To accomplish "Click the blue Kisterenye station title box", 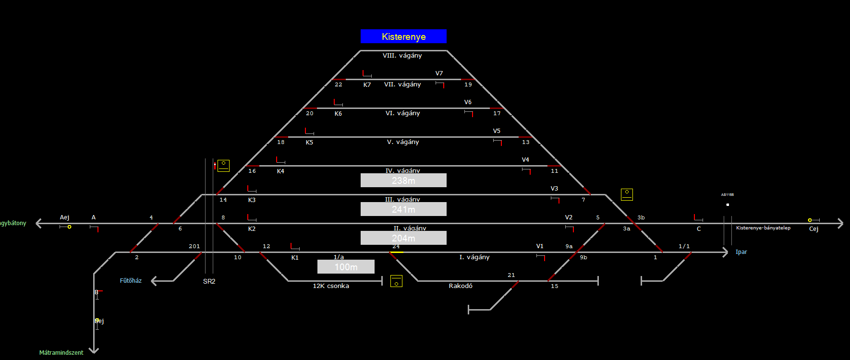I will (403, 36).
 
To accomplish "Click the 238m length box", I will (403, 180).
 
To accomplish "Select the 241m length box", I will (403, 209).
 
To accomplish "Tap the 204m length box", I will (403, 238).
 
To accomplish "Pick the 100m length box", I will (346, 267).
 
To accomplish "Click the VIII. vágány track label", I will (402, 56).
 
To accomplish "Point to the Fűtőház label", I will (131, 281).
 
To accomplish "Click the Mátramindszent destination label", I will (61, 353).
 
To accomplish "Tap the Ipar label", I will (741, 252).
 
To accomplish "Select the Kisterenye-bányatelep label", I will (763, 228).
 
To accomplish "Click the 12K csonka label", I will (331, 286).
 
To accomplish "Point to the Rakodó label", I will (461, 286).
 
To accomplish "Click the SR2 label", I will (209, 281).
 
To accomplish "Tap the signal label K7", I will (367, 85).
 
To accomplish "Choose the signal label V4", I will (525, 160).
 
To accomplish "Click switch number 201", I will (194, 246).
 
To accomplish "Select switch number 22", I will (339, 84).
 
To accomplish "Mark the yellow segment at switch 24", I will (396, 252).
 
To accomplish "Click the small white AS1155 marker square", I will (728, 205).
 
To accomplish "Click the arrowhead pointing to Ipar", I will (726, 252).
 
